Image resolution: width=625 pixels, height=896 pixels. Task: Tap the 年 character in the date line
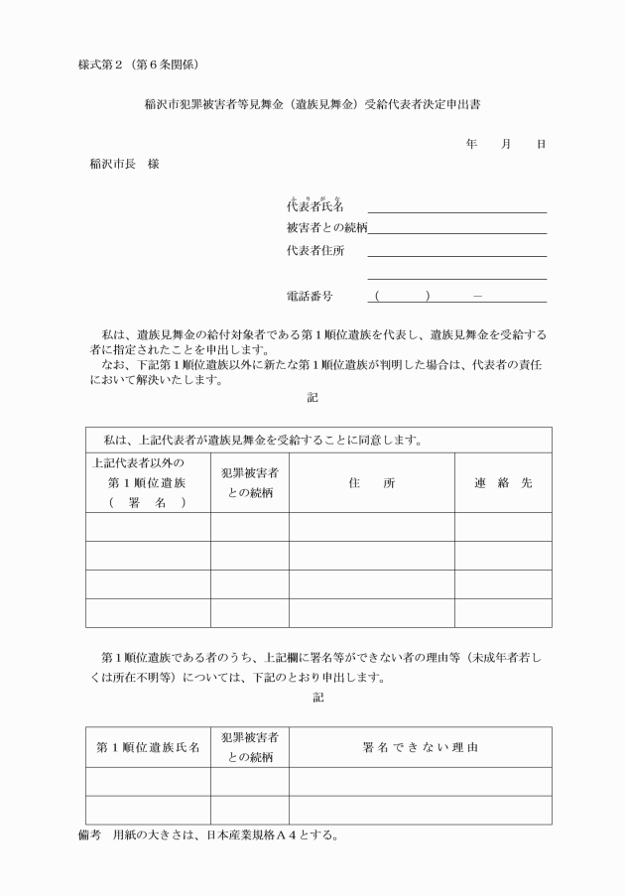(x=471, y=145)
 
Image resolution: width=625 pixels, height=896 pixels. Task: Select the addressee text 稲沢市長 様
(x=124, y=164)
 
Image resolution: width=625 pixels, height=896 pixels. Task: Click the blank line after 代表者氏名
(x=456, y=207)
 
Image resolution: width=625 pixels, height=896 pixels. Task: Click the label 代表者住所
(x=314, y=251)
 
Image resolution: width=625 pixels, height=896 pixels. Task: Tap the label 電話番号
(x=309, y=297)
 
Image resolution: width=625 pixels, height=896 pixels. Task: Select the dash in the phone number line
(x=479, y=297)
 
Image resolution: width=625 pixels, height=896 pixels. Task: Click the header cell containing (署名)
(x=147, y=501)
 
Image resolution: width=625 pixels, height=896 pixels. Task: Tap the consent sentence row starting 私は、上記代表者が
(x=258, y=439)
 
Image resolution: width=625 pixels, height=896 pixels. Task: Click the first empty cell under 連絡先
(x=503, y=527)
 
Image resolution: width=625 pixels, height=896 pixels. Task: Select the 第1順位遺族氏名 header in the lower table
(x=147, y=747)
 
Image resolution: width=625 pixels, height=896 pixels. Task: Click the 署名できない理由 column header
(x=421, y=747)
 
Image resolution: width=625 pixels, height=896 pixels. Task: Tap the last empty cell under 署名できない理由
(x=421, y=810)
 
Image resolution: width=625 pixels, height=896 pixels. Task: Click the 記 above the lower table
(x=316, y=699)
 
